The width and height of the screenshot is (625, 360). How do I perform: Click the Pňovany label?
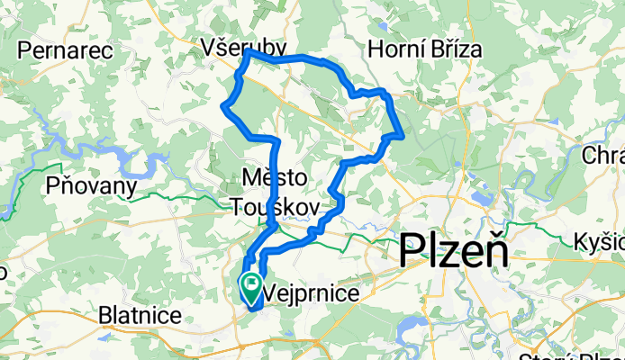click(x=94, y=186)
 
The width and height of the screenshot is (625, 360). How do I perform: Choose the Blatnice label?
click(x=141, y=315)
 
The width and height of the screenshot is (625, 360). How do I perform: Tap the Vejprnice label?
click(x=309, y=293)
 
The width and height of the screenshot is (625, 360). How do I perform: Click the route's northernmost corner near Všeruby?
click(x=248, y=53)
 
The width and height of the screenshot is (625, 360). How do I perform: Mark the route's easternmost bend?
click(x=401, y=136)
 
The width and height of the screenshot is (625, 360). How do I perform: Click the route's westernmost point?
click(x=223, y=107)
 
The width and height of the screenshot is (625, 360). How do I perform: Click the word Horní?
click(x=394, y=48)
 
